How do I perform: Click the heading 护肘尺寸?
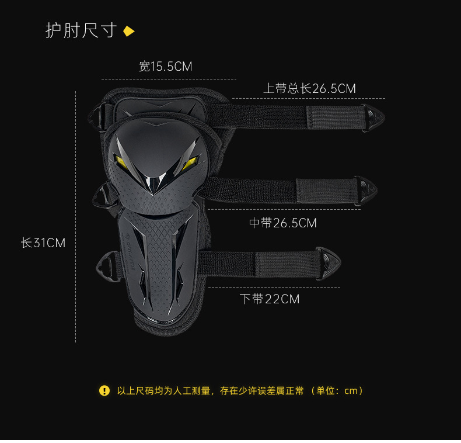[81, 30]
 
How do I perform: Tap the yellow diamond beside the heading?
[129, 31]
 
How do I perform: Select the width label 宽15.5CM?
[166, 67]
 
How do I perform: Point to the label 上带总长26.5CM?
[309, 88]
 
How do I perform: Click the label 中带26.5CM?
[283, 223]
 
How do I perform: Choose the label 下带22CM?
[270, 299]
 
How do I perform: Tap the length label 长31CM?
[43, 243]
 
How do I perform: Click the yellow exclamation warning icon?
[104, 390]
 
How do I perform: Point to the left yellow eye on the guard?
[123, 158]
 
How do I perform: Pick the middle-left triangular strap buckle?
[101, 196]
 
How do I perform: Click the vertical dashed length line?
[76, 216]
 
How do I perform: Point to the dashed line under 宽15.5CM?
[169, 79]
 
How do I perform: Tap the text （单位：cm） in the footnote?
[338, 390]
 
